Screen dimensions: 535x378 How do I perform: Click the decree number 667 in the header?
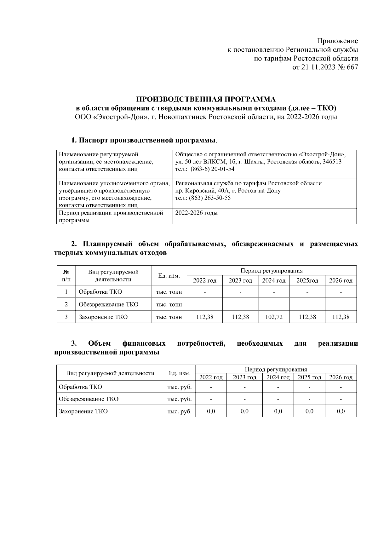(352, 67)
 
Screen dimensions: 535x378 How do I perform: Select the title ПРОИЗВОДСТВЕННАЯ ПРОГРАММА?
(206, 100)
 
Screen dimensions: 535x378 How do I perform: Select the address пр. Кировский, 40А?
(202, 191)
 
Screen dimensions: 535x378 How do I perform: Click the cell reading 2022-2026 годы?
(196, 213)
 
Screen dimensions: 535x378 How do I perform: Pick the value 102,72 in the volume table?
(274, 317)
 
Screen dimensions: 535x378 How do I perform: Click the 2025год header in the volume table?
(307, 280)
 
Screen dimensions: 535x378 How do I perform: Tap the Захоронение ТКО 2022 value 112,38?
(205, 317)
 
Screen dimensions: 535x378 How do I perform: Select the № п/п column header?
(66, 275)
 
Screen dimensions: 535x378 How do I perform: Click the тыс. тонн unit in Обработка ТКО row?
(169, 292)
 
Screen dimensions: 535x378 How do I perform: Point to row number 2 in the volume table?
(66, 304)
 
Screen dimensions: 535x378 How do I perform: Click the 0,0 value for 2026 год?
(341, 411)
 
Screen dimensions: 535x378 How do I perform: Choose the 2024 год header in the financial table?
(278, 377)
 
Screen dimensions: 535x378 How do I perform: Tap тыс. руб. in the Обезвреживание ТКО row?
(180, 399)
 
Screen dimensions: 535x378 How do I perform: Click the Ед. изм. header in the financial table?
(180, 373)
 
